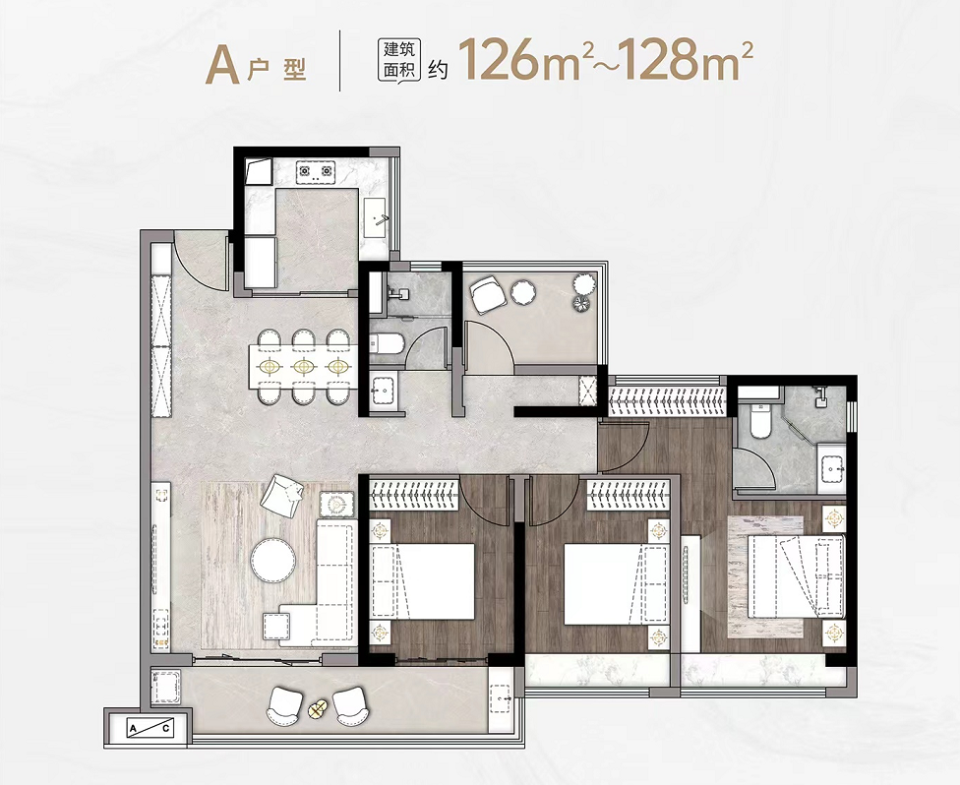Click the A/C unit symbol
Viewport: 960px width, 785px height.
pos(150,728)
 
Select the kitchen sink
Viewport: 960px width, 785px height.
pos(376,218)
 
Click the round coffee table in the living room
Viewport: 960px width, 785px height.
pos(273,560)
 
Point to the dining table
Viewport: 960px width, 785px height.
pos(303,366)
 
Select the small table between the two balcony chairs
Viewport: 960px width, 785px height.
pos(316,709)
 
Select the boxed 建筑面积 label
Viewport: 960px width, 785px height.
pos(399,60)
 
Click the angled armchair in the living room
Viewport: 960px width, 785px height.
pos(281,492)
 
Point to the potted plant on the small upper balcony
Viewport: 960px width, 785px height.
pos(584,293)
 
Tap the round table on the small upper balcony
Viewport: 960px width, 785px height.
pos(523,293)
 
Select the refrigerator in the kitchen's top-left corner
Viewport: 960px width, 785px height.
pos(259,172)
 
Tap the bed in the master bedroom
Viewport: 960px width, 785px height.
pos(796,575)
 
